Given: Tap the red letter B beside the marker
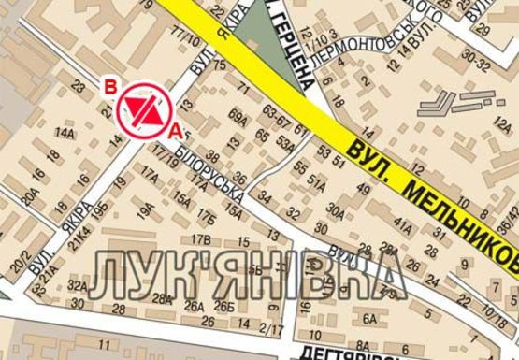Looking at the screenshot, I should click(109, 87).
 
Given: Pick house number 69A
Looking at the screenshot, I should click(238, 118).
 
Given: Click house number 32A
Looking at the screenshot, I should click(78, 287).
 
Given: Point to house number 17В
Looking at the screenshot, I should click(201, 239).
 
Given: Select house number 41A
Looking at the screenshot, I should click(402, 223).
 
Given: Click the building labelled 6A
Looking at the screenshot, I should click(369, 319).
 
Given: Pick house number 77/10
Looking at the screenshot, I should click(183, 37).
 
